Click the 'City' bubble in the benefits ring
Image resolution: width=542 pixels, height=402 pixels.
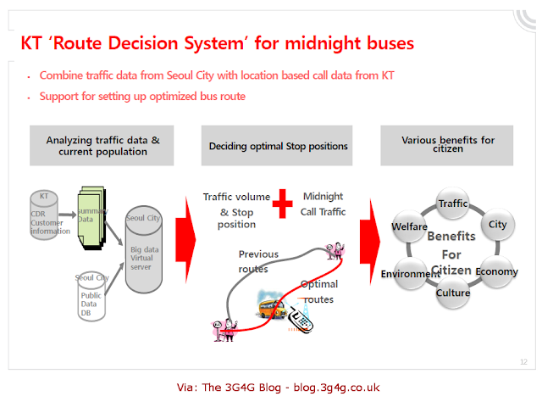pos(497,225)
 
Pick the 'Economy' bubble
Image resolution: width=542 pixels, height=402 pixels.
pos(490,272)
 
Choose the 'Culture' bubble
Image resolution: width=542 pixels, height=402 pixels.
pos(453,293)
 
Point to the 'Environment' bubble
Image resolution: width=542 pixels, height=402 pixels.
pos(409,274)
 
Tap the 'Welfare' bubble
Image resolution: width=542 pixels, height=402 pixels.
pos(409,226)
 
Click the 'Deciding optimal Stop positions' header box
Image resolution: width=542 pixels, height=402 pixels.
pos(279,146)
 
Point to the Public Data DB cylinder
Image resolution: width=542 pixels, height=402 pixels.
pos(91,297)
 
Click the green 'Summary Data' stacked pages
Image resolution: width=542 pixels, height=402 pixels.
pos(92,215)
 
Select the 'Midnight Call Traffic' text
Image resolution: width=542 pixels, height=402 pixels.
pos(323,204)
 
